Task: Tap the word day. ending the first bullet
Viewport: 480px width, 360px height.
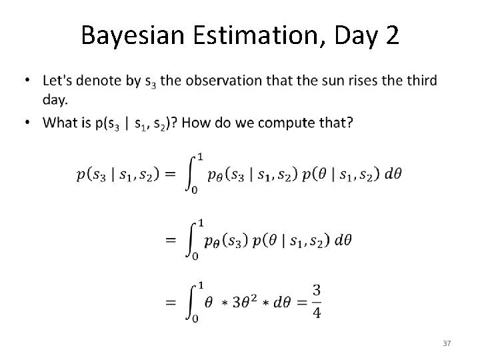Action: tap(54, 98)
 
